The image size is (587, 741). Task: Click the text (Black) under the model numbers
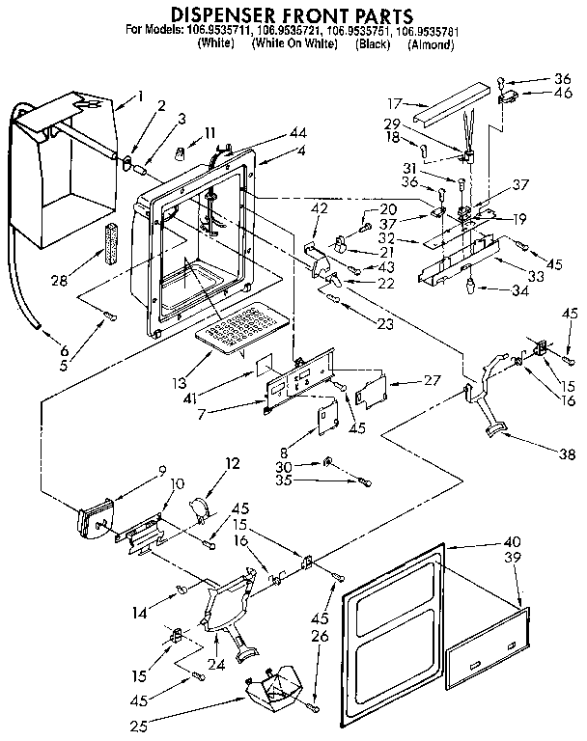372,44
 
